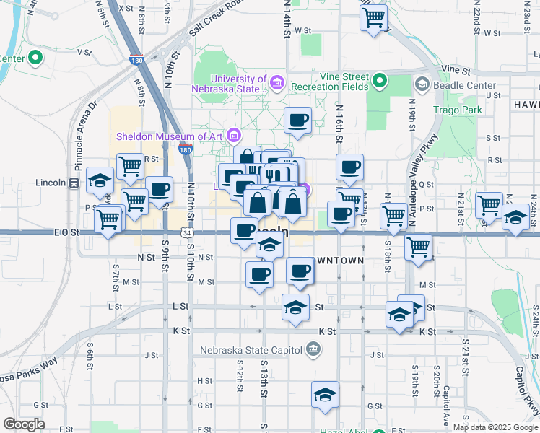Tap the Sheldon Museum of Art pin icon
[233, 135]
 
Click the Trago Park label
[457, 110]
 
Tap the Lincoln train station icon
[74, 183]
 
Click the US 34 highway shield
[186, 233]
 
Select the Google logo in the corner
[24, 424]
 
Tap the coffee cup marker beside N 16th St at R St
[349, 167]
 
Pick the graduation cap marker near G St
[325, 394]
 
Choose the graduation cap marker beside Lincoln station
[100, 180]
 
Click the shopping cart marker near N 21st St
[489, 204]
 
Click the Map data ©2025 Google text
[495, 427]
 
